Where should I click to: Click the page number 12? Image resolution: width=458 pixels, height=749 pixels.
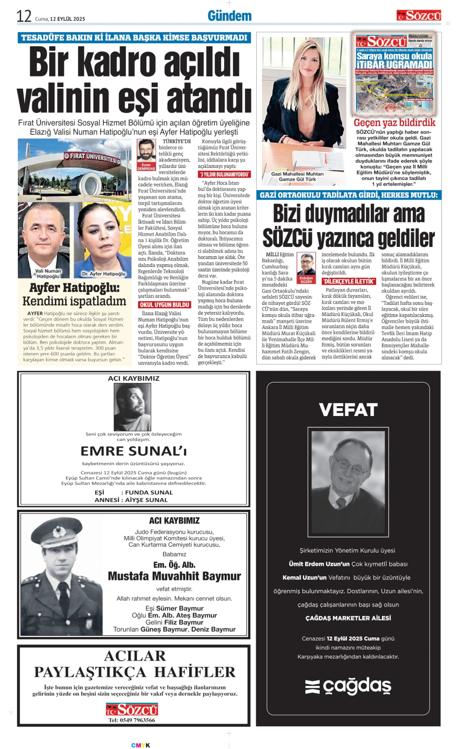(24, 16)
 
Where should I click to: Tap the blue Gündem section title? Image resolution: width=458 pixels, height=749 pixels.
(229, 16)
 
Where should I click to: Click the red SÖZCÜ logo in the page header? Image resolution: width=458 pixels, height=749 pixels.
(419, 16)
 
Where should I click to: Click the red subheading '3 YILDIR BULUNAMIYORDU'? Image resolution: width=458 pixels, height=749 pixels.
(224, 174)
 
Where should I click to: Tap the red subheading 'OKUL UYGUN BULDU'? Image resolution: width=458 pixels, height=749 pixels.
(164, 304)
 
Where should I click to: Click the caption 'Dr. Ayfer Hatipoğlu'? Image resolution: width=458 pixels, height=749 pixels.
(103, 274)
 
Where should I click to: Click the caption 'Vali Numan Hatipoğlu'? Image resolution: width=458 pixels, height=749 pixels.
(48, 273)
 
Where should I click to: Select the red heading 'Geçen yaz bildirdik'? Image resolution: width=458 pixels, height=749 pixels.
(394, 123)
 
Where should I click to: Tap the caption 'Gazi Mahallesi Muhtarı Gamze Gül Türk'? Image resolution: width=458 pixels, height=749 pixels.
(297, 177)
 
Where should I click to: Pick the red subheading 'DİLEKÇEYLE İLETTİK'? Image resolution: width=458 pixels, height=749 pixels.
(349, 281)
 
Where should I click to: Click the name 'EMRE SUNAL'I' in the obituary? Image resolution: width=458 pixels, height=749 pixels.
(134, 451)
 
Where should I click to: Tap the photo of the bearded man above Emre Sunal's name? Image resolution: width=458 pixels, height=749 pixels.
(133, 407)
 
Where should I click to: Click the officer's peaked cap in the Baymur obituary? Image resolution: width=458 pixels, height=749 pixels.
(57, 531)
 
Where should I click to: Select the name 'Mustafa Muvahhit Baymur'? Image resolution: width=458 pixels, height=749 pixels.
(174, 576)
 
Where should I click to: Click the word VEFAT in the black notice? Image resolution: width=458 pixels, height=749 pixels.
(348, 410)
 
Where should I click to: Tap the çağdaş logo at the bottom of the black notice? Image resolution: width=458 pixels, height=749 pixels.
(348, 686)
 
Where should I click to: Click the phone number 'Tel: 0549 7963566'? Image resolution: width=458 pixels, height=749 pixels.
(132, 720)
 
